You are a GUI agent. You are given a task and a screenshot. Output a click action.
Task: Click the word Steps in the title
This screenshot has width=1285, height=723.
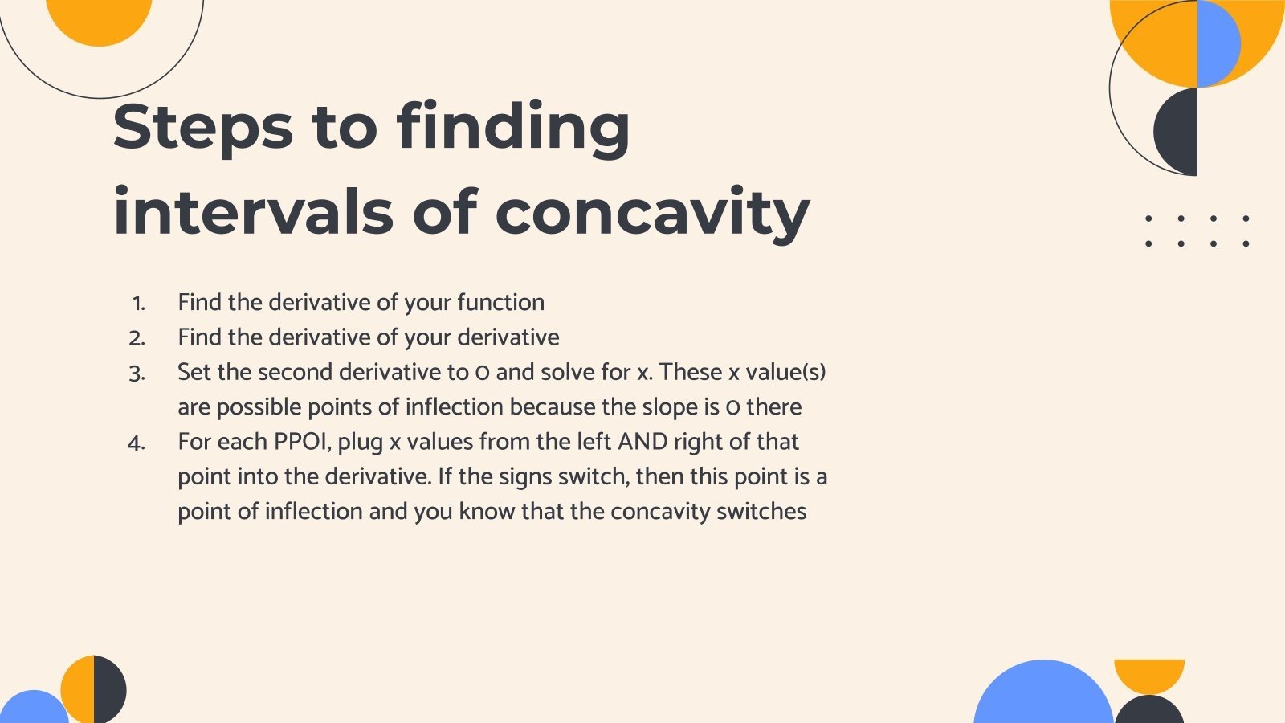[x=203, y=127]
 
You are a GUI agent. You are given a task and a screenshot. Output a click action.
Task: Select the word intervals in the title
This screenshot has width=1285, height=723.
[x=253, y=212]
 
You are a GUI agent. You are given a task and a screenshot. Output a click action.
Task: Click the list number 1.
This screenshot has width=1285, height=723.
[x=138, y=304]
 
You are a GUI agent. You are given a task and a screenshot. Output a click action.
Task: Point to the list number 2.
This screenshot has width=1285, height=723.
[x=137, y=338]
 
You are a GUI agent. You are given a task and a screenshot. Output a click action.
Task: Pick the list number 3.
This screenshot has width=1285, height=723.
[x=137, y=374]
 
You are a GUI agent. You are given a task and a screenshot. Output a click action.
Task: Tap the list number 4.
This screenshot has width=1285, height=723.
[x=137, y=443]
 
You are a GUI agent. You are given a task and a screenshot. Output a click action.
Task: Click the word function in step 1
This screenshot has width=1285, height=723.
[x=500, y=303]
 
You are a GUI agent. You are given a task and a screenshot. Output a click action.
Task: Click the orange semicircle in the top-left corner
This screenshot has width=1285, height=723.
[x=99, y=20]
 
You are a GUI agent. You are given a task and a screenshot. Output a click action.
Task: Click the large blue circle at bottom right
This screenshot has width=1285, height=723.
[x=1042, y=695]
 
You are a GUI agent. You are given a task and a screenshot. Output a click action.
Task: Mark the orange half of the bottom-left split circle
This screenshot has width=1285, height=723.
[x=79, y=688]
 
